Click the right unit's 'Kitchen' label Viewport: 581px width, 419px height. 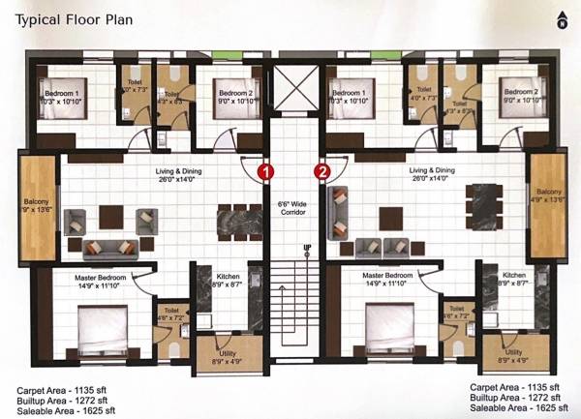(515, 275)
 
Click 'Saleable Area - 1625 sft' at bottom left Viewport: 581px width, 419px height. (65, 409)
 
